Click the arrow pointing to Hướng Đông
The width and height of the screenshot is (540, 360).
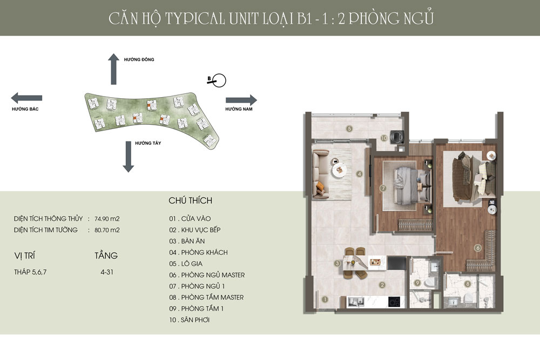click(113, 69)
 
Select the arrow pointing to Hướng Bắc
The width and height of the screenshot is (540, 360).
click(27, 98)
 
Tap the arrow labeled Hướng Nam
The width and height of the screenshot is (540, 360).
click(241, 100)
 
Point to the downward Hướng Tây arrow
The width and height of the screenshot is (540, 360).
click(128, 157)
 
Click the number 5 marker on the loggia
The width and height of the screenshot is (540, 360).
click(349, 128)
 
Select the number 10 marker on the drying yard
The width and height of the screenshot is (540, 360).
click(384, 138)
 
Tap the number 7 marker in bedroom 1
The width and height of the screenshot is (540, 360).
click(382, 188)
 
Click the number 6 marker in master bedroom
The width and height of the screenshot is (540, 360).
click(478, 248)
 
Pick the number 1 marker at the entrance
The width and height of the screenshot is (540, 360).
click(325, 298)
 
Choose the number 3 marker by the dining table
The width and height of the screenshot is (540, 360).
click(337, 263)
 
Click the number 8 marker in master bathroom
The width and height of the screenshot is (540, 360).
click(467, 283)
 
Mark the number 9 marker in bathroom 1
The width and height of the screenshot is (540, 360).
click(417, 283)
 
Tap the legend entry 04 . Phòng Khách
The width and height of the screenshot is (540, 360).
click(198, 252)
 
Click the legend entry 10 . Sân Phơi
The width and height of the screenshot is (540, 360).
click(190, 320)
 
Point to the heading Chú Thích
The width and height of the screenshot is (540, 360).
click(190, 201)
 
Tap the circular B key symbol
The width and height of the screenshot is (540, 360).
click(219, 81)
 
